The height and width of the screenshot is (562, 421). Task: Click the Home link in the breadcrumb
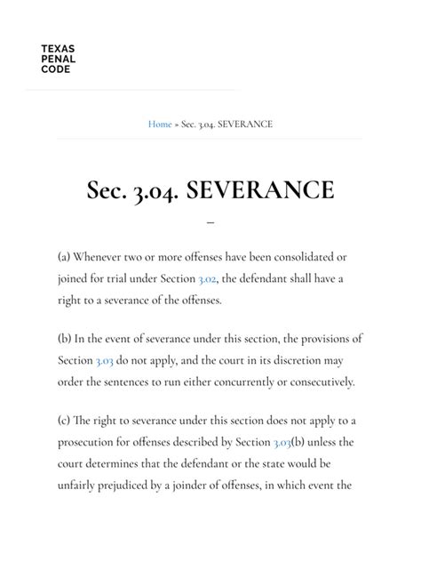[160, 124]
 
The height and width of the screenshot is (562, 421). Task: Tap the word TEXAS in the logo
[58, 50]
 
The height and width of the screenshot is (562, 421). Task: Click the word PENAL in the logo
[58, 60]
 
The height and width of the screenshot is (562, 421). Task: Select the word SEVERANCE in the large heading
[261, 189]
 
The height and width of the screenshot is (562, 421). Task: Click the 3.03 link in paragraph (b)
[105, 361]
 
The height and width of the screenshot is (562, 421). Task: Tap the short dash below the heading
[210, 221]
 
